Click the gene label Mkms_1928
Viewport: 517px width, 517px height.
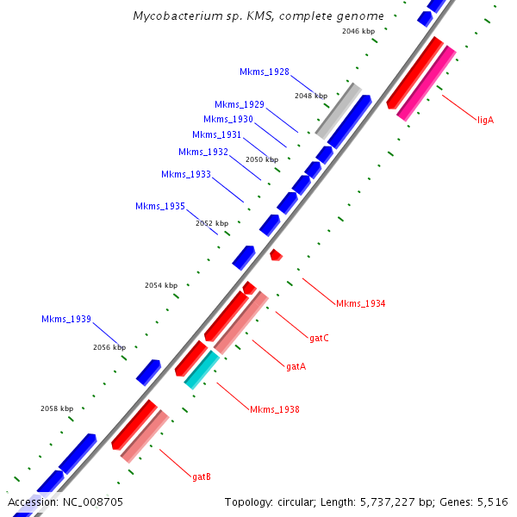coord(265,72)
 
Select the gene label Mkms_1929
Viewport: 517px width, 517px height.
coord(240,104)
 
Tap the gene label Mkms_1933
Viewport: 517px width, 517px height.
coord(186,174)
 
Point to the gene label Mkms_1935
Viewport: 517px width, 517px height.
coord(160,206)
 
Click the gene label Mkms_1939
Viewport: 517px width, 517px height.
coord(66,319)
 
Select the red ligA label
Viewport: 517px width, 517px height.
coord(485,120)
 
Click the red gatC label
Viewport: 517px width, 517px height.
coord(319,338)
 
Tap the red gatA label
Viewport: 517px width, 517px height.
coord(296,366)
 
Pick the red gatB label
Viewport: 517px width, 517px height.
coord(202,476)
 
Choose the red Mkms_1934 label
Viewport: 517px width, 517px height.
coord(360,303)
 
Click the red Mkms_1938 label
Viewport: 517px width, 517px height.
coord(275,409)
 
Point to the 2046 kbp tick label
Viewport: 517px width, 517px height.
coord(358,31)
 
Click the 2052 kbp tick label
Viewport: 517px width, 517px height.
coord(212,223)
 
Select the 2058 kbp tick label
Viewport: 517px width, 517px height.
coord(57,408)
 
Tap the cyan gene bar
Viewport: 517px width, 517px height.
coord(202,369)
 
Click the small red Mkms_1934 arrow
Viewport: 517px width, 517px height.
coord(276,255)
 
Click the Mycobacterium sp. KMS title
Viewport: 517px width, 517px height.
coord(258,16)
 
